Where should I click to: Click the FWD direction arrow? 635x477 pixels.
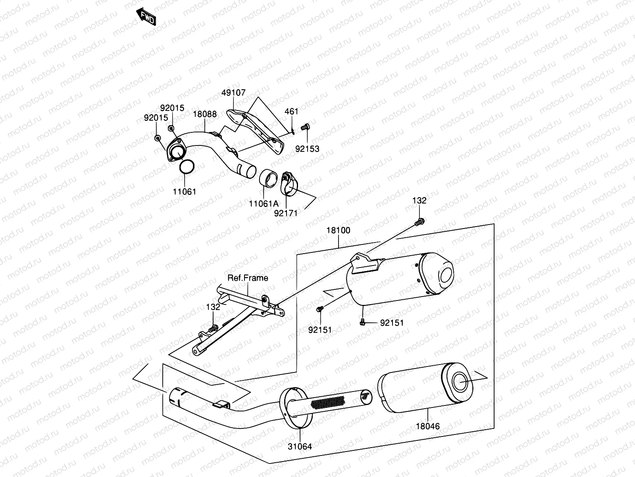point(146,17)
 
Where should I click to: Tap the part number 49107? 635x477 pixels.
point(233,93)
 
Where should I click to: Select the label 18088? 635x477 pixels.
point(205,114)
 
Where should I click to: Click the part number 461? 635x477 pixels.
point(291,112)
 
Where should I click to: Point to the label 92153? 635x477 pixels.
point(307,149)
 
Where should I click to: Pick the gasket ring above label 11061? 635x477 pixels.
point(187,167)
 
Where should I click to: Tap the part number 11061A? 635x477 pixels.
point(264,204)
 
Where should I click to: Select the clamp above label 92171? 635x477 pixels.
point(289,184)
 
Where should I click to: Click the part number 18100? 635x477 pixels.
point(339,231)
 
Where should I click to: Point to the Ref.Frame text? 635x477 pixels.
point(248,278)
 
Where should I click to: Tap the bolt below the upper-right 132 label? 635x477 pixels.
point(420,222)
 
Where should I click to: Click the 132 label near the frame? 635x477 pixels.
point(213,307)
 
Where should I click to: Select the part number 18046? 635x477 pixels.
point(428,426)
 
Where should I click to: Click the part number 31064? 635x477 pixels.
point(300,446)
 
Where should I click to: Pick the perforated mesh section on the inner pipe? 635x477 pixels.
point(328,402)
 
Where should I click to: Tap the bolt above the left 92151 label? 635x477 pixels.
point(320,309)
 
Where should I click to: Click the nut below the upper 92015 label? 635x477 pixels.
point(171,128)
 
